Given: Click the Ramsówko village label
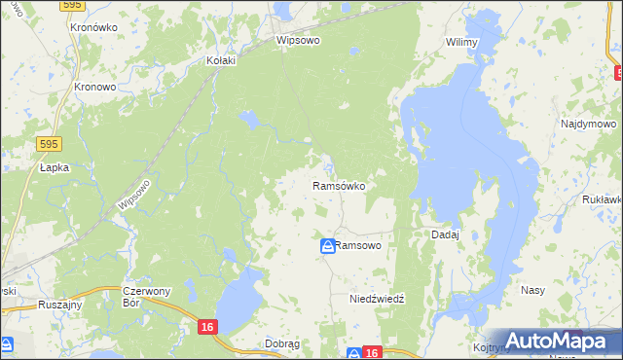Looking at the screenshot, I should coord(338,185).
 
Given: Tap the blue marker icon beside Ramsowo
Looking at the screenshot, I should coord(328,247).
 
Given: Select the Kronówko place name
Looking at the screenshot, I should coord(94,28).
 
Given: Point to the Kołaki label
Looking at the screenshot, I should coord(223,59).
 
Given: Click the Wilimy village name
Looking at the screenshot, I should coord(460,42).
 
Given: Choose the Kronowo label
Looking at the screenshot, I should coord(95,86).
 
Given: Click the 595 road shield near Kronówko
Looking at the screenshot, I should coord(70,5).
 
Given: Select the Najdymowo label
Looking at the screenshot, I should coord(589,125).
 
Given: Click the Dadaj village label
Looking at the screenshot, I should coord(445,234).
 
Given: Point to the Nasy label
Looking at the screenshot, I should coord(532,291).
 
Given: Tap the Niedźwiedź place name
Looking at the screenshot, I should coord(377,300).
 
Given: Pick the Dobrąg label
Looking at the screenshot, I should coord(281,343).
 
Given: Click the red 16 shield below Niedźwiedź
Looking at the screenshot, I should coord(369,352).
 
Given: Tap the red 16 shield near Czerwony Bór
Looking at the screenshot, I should coord(205,328).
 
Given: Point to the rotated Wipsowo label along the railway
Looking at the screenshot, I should coord(133,195).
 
